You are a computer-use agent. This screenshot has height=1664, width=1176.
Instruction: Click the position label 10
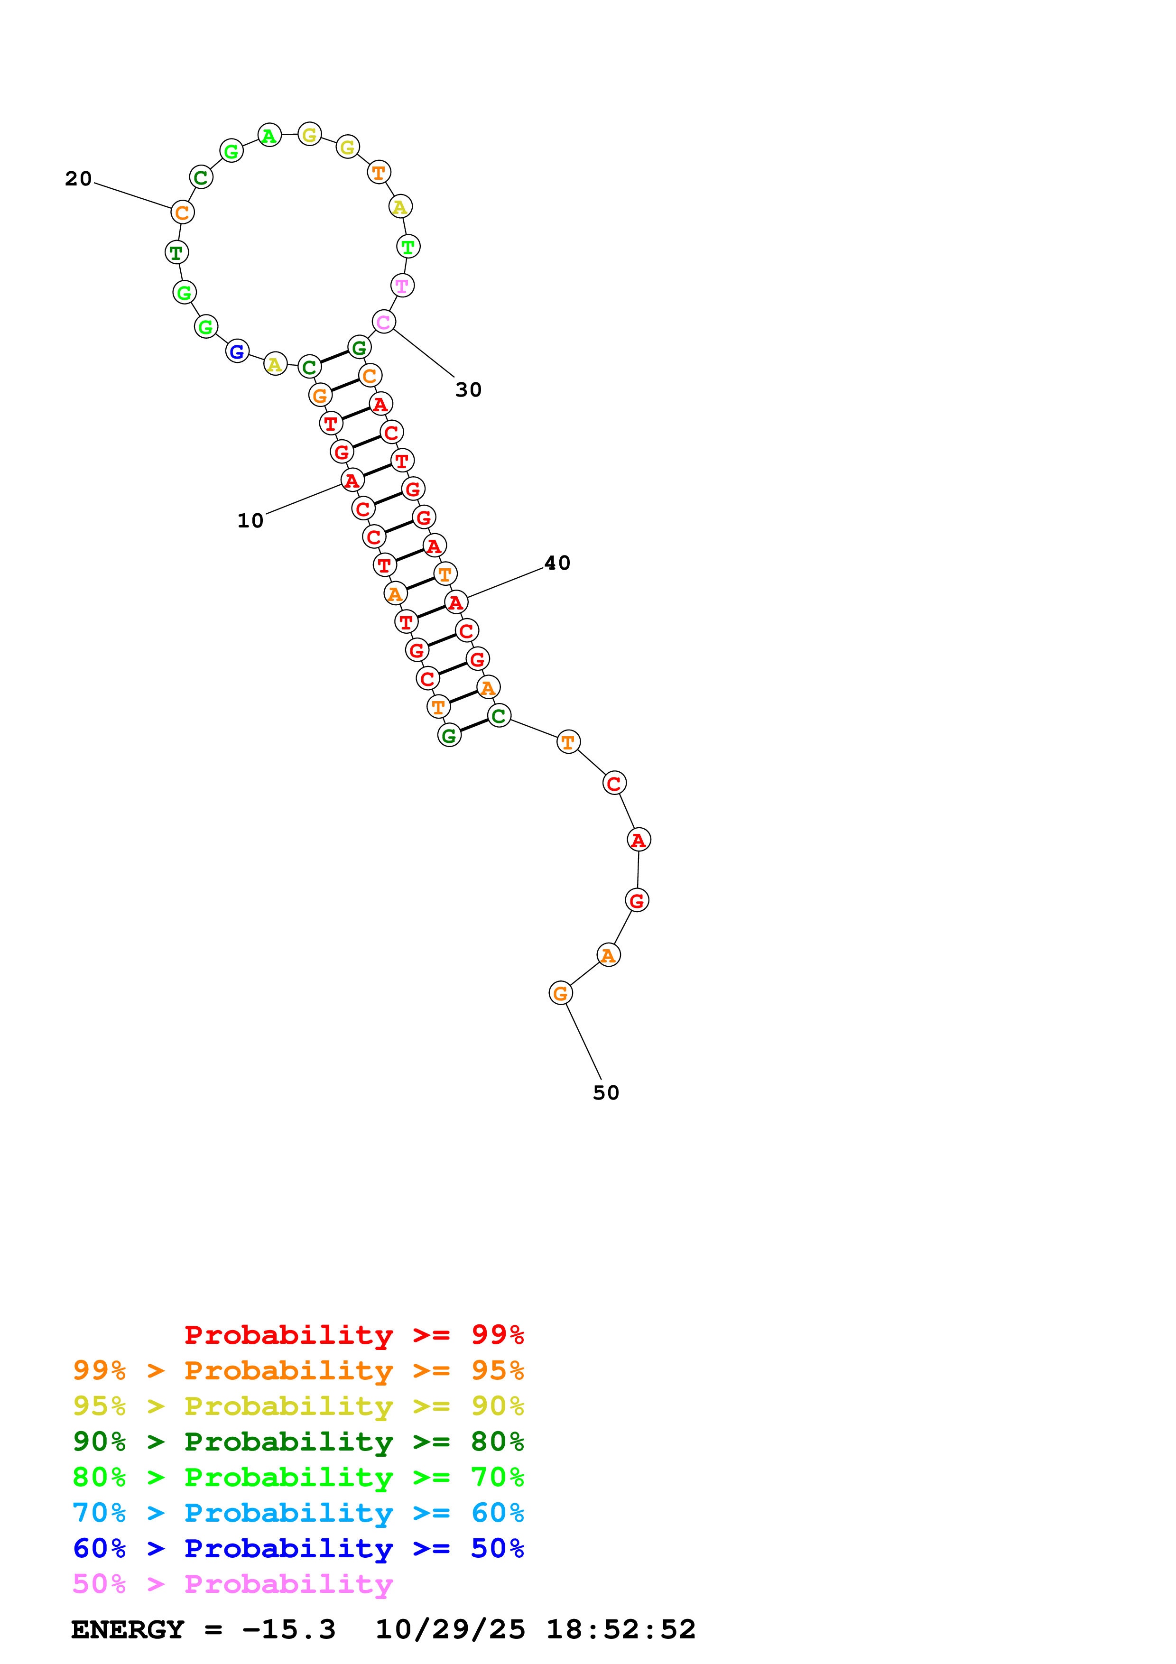250,520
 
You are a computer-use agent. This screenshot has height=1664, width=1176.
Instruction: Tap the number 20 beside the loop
78,178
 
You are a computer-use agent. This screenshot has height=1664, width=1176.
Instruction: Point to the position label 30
468,390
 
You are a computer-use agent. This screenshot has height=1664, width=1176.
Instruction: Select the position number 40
557,563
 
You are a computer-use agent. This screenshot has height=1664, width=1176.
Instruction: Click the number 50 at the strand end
606,1093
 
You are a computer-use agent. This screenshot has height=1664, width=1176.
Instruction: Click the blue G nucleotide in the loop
237,351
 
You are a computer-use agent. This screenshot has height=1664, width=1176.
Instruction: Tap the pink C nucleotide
383,322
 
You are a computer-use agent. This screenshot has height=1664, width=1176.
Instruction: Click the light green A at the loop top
269,136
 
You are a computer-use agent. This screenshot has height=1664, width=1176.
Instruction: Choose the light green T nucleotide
408,246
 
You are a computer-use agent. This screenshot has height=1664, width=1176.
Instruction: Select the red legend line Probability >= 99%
353,1335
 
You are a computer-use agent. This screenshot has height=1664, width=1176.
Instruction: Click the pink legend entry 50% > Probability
232,1584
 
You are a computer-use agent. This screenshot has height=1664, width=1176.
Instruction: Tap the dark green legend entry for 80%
298,1442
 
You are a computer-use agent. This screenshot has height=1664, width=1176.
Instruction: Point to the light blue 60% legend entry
298,1513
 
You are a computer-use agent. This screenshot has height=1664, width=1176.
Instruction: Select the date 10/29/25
450,1630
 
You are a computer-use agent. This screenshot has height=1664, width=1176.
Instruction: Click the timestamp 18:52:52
620,1630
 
